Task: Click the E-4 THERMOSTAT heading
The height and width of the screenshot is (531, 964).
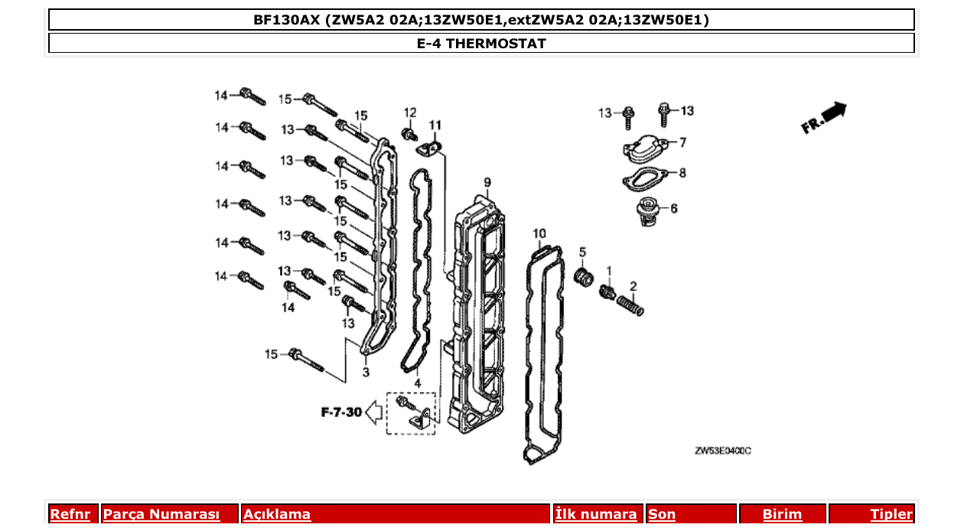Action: [481, 44]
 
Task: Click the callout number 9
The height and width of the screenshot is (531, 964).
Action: [487, 182]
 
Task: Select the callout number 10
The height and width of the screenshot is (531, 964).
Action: [539, 233]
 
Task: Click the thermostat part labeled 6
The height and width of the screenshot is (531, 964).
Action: [648, 210]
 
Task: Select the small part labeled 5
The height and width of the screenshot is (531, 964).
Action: [584, 275]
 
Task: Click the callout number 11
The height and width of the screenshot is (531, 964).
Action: [435, 125]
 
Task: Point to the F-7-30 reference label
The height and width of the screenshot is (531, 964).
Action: [341, 412]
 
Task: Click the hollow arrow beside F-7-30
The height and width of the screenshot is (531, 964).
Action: [375, 412]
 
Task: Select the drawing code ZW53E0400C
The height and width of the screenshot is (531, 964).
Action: [722, 451]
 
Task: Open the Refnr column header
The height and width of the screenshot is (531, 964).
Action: [70, 514]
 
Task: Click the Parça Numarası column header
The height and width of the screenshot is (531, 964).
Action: [161, 514]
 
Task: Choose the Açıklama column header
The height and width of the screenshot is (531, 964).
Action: [277, 514]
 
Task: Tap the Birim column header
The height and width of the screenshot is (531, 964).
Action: [782, 514]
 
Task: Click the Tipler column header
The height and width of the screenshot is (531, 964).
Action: [891, 514]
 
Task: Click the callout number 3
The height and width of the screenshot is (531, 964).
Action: [366, 373]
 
